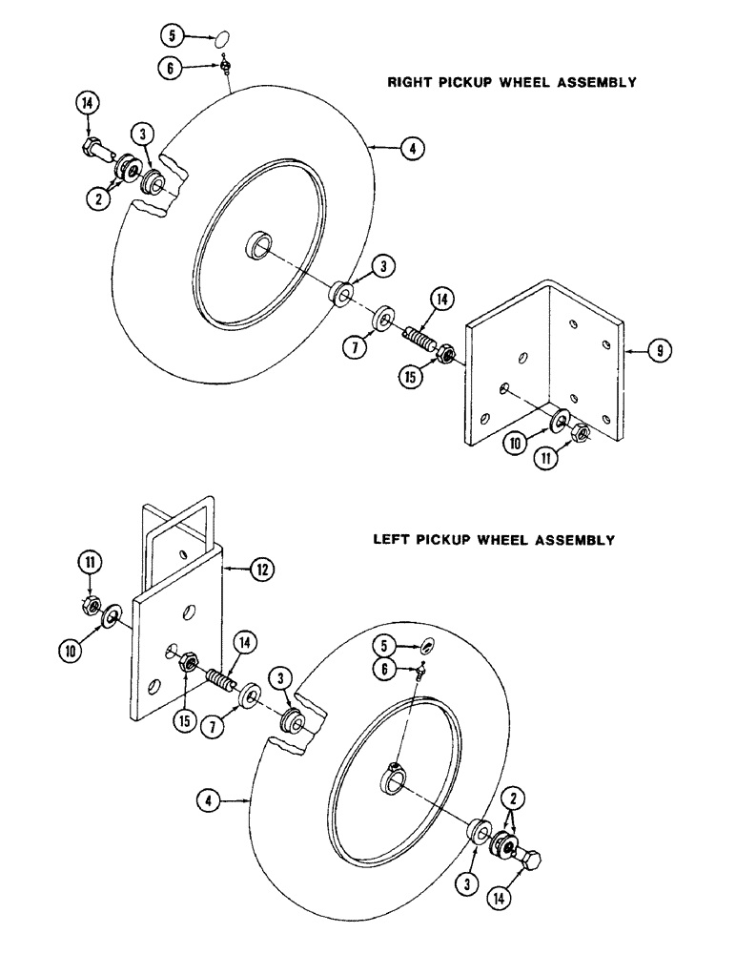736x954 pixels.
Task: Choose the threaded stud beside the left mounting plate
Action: [x=220, y=683]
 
